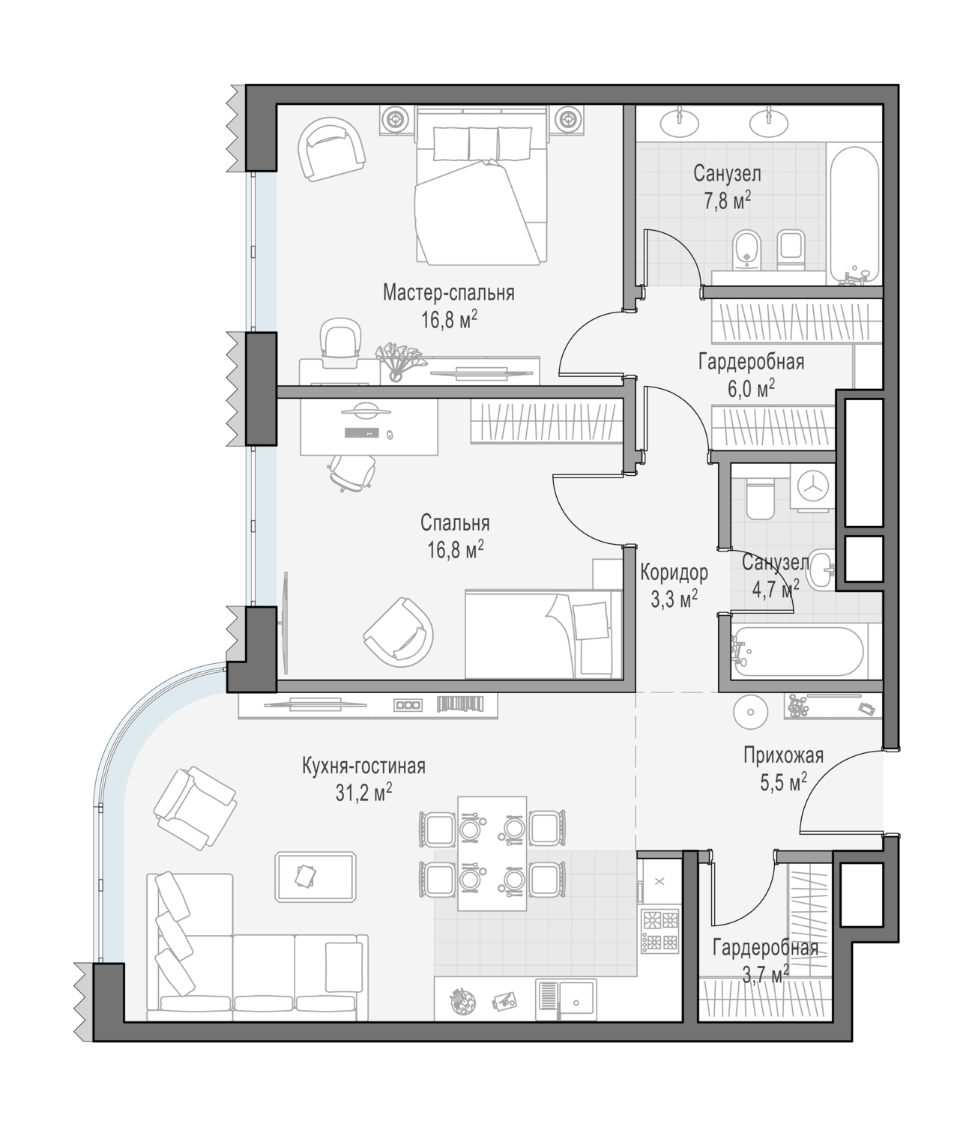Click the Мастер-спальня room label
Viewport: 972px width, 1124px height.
click(448, 293)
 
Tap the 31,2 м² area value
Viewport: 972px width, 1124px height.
click(363, 793)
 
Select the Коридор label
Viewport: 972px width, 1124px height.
click(674, 572)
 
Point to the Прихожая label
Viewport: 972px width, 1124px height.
click(783, 755)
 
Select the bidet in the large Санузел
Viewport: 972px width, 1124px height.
click(746, 250)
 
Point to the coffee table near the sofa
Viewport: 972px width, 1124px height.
click(316, 876)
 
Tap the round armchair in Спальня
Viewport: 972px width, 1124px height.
click(398, 633)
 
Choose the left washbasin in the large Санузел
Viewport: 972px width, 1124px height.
click(680, 122)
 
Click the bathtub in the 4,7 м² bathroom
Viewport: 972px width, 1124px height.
click(797, 652)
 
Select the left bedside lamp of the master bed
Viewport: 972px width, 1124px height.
click(394, 118)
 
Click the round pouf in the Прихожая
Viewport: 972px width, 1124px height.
click(751, 712)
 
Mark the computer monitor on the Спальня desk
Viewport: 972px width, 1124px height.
click(366, 411)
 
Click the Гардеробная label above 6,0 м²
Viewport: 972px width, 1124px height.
click(751, 362)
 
